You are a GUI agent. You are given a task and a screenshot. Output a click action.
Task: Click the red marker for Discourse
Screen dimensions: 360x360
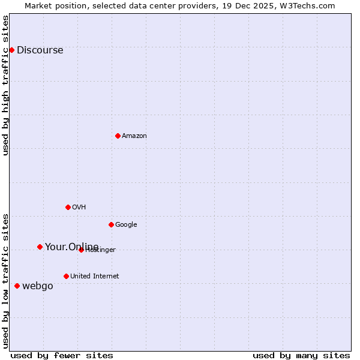[x=11, y=50]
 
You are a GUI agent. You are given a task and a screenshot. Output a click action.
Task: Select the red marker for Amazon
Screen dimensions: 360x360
[x=118, y=136]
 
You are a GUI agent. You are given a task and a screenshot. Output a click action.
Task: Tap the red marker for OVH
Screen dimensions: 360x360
[x=68, y=207]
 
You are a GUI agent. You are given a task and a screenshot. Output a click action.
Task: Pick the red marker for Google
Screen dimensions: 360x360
[x=111, y=224]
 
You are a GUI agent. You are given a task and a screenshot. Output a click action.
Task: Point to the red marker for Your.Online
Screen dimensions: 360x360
[x=40, y=247]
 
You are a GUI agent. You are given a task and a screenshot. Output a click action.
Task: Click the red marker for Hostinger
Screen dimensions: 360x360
[x=81, y=250]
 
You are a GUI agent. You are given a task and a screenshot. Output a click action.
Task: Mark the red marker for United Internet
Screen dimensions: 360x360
[x=66, y=276]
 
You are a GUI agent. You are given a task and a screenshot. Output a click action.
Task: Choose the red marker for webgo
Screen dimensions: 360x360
[x=17, y=286]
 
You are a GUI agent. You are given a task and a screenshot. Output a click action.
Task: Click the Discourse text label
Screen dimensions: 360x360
[x=40, y=50]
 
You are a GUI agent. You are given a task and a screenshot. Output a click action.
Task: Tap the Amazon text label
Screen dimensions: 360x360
[x=134, y=136]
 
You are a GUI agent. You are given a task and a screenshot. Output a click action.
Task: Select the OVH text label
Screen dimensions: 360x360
[x=79, y=208]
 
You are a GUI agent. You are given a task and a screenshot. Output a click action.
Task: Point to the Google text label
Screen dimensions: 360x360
[x=126, y=225]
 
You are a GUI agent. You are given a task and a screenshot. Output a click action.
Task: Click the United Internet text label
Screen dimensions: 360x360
[x=94, y=277]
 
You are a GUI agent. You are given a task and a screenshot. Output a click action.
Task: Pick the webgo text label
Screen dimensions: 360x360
[x=38, y=286]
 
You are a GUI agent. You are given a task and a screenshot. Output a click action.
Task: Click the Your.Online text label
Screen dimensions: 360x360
[x=71, y=247]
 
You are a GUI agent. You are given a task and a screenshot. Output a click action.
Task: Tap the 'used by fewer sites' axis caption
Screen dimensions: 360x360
[x=62, y=355]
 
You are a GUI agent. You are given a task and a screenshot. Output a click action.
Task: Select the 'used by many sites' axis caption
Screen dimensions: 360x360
[x=301, y=355]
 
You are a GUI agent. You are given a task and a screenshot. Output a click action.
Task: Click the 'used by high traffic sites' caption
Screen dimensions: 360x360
[x=6, y=85]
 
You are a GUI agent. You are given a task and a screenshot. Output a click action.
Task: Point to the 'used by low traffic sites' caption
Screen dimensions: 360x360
[x=6, y=280]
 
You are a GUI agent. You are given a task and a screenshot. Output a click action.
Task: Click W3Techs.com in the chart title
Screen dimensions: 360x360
[x=307, y=5]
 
